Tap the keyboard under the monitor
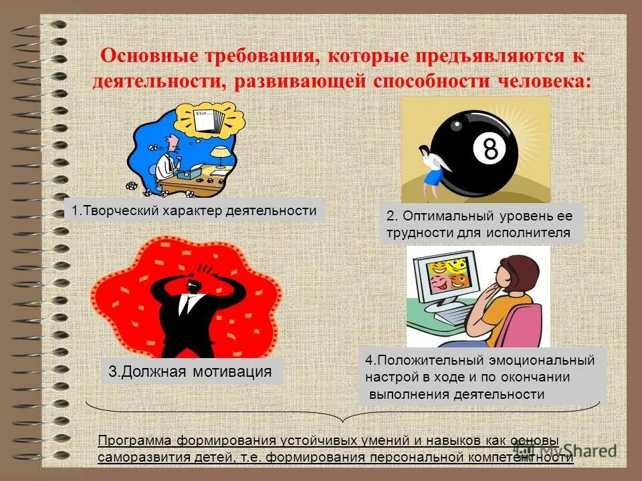(x=449, y=313)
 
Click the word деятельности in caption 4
(x=500, y=394)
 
